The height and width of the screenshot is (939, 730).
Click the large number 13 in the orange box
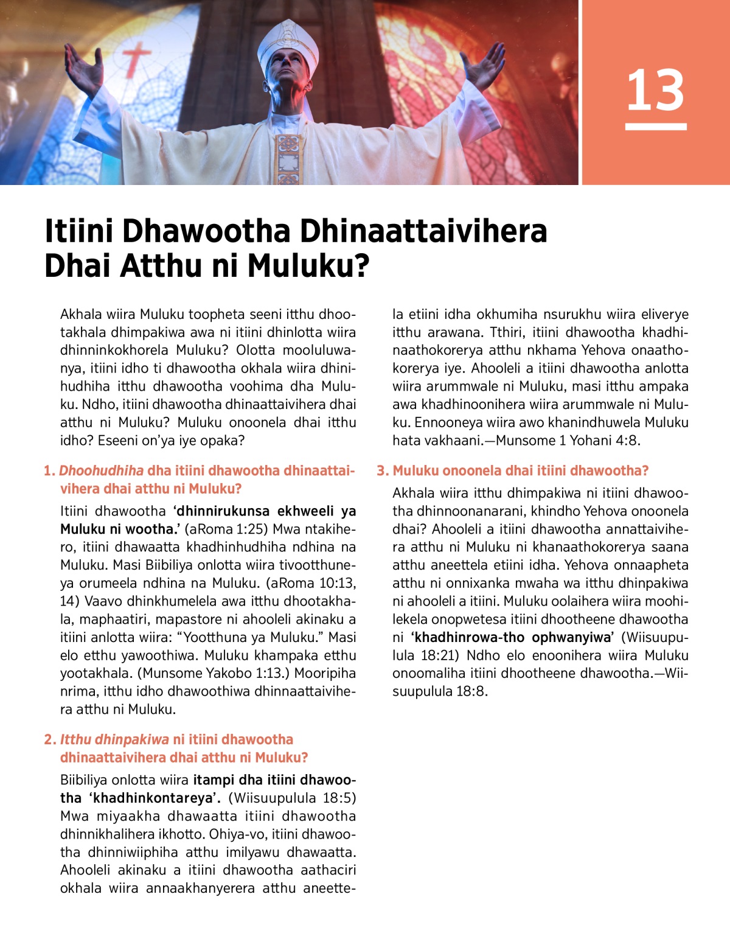(x=655, y=90)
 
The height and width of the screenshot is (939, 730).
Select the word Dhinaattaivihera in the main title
(x=423, y=231)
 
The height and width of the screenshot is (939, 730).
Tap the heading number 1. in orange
(x=49, y=471)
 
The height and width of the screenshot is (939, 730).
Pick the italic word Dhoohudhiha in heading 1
(x=102, y=471)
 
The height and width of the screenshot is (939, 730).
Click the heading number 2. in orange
(x=49, y=740)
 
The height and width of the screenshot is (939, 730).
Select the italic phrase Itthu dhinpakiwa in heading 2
(x=114, y=740)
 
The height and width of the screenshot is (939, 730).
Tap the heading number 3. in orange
(x=382, y=471)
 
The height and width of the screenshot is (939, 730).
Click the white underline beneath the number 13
(x=655, y=127)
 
